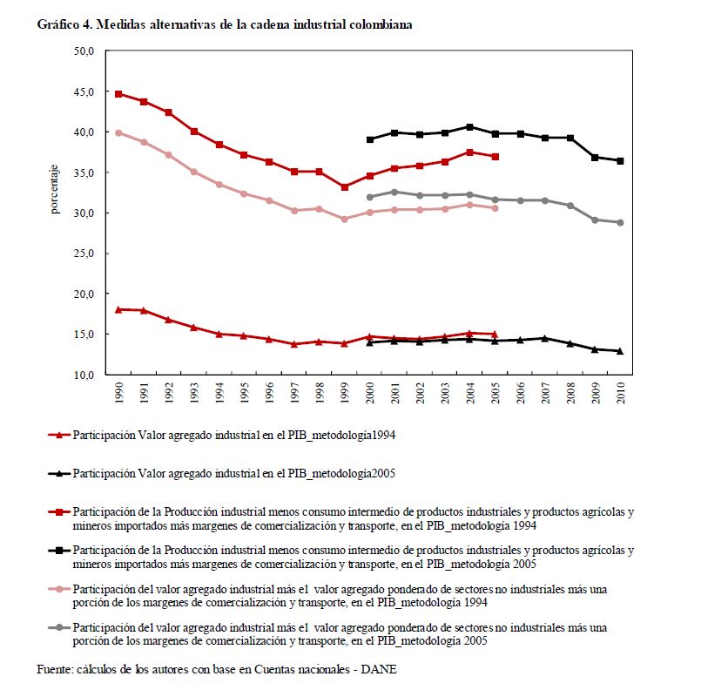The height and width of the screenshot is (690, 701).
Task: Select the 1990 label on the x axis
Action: [118, 391]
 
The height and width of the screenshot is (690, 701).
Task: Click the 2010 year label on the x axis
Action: [620, 391]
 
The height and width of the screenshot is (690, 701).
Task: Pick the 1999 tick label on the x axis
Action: [344, 391]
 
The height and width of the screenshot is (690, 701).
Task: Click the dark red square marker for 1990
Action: [118, 93]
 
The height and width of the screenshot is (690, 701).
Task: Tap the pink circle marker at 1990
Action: [118, 132]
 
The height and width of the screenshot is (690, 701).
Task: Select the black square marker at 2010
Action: [620, 160]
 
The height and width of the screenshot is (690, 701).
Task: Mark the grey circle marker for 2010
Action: [620, 222]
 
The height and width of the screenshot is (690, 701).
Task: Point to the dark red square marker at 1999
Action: [344, 186]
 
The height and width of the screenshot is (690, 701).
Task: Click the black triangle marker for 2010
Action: [620, 351]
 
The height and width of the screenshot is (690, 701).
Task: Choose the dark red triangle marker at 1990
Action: [118, 309]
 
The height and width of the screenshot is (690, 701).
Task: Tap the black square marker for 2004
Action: [469, 126]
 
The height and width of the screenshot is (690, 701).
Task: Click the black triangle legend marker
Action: [58, 473]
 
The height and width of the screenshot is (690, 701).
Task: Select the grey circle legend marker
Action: [58, 627]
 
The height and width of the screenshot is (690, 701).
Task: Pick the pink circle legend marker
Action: [58, 589]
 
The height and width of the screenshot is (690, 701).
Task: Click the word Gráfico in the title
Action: [56, 24]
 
